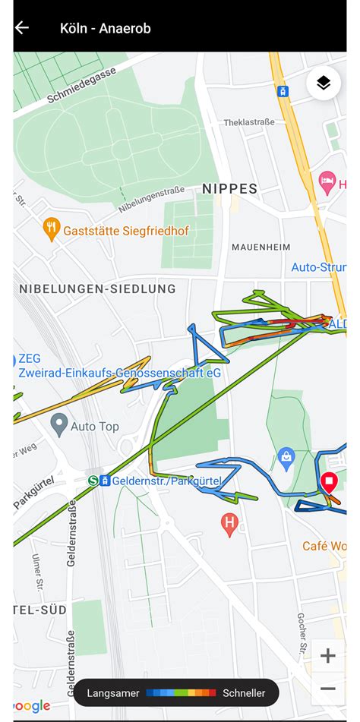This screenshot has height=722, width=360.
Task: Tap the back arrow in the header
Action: point(22,28)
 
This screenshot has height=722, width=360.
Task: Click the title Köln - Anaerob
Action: point(105,28)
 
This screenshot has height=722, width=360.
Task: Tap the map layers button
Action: point(324,84)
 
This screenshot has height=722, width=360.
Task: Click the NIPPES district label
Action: point(229,188)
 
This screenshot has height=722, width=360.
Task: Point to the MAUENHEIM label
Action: point(261,247)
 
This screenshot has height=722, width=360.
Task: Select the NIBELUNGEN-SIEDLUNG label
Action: point(97,288)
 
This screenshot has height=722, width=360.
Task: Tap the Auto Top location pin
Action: point(59,424)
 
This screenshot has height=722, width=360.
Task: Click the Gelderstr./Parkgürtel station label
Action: point(166,481)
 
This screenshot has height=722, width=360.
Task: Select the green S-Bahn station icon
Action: point(93,481)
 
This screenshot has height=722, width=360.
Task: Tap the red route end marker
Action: point(329,482)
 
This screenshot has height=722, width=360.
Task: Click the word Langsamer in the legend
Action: point(113,693)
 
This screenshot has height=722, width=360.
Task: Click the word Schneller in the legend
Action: point(244,693)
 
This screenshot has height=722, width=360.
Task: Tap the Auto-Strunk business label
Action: point(319,267)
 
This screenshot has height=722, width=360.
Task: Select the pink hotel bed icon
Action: point(327,182)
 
